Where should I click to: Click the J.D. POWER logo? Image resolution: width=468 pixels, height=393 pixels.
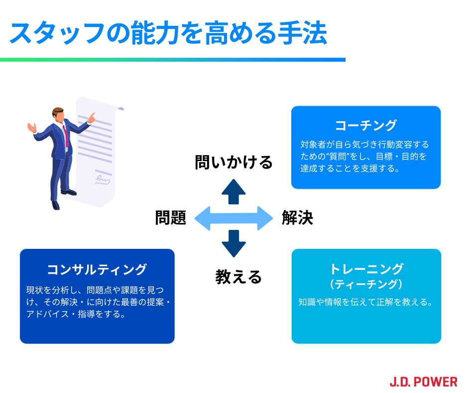coord(423,382)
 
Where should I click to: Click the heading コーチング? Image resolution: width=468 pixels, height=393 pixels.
coord(366,125)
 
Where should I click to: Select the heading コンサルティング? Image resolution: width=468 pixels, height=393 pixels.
coord(97,269)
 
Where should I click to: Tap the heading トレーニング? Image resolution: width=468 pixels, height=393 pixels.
coord(366,269)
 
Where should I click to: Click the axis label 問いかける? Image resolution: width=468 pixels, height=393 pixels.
coord(234,162)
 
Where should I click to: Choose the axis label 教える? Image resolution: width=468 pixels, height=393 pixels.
coord(238,276)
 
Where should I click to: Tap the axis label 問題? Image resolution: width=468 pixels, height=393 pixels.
coord(170,218)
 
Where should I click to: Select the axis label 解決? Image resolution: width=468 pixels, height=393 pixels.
coord(297,218)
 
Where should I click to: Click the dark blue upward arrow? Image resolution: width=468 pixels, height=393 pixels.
coord(234,192)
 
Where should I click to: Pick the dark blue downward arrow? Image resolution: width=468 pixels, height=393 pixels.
coord(234,243)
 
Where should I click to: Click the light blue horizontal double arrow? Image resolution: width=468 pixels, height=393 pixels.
coord(234,218)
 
